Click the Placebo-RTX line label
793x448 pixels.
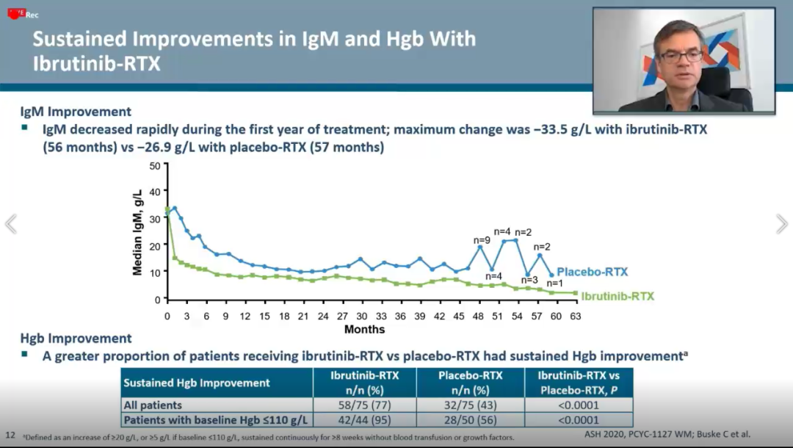(x=592, y=272)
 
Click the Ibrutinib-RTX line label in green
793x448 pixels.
(x=618, y=297)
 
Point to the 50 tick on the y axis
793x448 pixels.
(x=154, y=165)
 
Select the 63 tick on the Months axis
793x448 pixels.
(x=575, y=316)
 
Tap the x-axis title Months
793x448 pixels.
(x=364, y=328)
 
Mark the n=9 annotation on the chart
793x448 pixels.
(x=481, y=239)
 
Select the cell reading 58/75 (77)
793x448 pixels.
(x=365, y=405)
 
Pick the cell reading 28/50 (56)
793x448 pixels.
(x=470, y=420)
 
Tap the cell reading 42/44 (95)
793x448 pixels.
(x=365, y=420)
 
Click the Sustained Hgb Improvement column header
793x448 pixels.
(x=197, y=383)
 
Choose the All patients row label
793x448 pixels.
(x=153, y=405)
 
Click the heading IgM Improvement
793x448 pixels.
(x=76, y=112)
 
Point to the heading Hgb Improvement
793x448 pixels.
(x=76, y=339)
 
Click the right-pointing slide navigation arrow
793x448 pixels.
(x=781, y=224)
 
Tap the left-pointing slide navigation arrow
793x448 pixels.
(x=11, y=224)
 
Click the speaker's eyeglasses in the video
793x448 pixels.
(x=681, y=56)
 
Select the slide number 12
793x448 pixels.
(x=10, y=434)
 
